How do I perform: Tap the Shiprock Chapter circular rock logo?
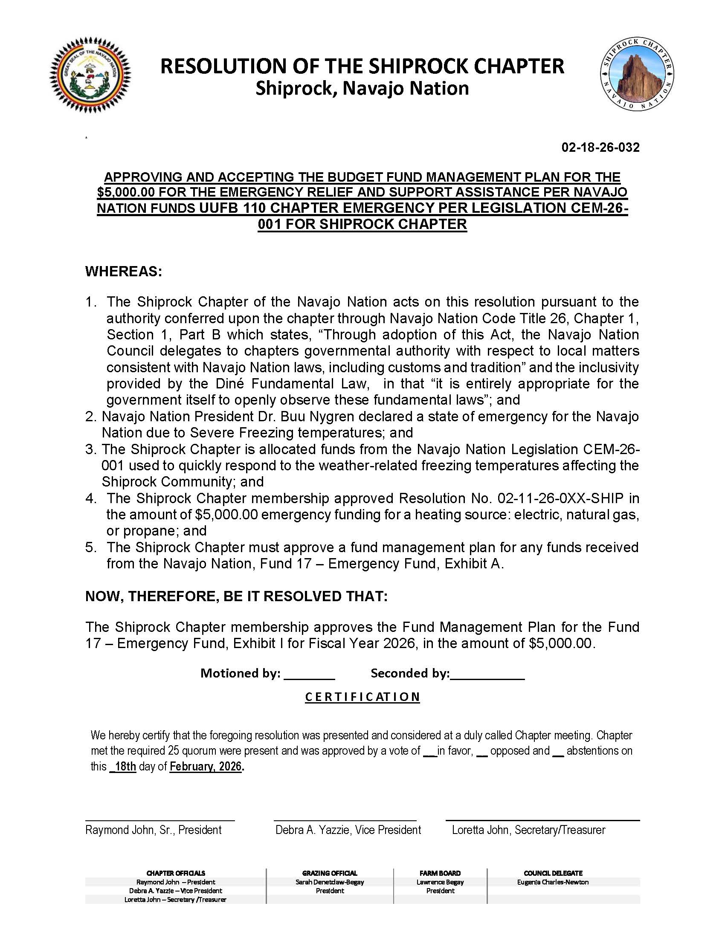tap(637, 73)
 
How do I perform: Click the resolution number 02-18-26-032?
tap(600, 148)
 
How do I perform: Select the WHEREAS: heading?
tap(124, 272)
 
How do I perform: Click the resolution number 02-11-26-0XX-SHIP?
tap(560, 498)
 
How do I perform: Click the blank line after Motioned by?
tap(309, 673)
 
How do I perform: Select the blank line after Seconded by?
tap(487, 673)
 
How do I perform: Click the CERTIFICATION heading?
tap(362, 697)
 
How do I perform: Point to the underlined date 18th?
tap(123, 767)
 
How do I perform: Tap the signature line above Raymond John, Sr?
tap(160, 820)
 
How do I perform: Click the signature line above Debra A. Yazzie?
tap(345, 820)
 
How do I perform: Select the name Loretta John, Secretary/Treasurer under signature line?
tap(528, 830)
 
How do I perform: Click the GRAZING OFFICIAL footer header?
tap(329, 873)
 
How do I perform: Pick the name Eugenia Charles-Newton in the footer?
tap(553, 882)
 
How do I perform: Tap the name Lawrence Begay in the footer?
tap(440, 882)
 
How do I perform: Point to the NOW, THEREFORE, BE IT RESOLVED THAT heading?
tap(236, 596)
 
